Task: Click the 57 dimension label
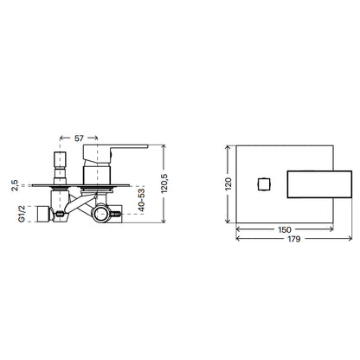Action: click(79, 138)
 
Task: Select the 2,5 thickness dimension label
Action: click(15, 185)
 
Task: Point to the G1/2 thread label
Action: click(22, 214)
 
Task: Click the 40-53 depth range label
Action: click(142, 200)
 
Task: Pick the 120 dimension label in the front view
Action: click(228, 183)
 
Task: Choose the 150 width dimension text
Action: click(285, 230)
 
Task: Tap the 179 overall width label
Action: click(293, 239)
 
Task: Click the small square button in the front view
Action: click(264, 184)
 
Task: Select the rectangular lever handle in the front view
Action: click(319, 184)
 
